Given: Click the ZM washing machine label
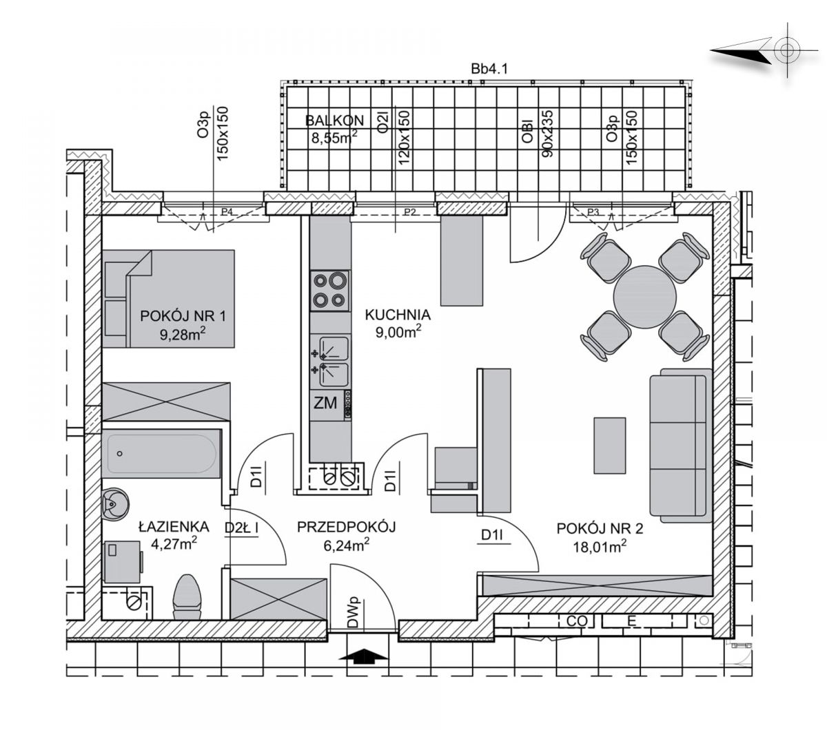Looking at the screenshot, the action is coord(325,403).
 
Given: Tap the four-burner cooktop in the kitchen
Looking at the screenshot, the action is coord(329,290).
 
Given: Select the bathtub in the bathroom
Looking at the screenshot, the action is coord(161,453).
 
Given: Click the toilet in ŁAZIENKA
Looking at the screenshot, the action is coord(187,597).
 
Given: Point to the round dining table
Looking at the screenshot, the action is coord(644,297).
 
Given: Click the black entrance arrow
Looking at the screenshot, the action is coord(363,656).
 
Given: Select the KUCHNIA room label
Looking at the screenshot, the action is coord(398,315).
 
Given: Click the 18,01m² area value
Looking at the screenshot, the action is coord(600,546).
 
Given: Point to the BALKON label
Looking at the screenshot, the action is coord(334,121).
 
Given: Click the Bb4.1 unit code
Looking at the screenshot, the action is coord(489,69).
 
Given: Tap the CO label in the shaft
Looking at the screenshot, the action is coord(577,621).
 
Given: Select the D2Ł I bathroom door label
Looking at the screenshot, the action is coord(242,528).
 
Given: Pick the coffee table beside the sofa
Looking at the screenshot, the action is coord(609,446).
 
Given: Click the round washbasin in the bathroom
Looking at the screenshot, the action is coord(115,505).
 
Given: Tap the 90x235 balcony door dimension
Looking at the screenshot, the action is coord(548,133).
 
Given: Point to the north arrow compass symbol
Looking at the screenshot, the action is coord(764,50).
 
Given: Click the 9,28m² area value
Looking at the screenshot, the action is coord(182,334).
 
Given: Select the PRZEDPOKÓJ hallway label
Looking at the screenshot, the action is coord(346,527).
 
